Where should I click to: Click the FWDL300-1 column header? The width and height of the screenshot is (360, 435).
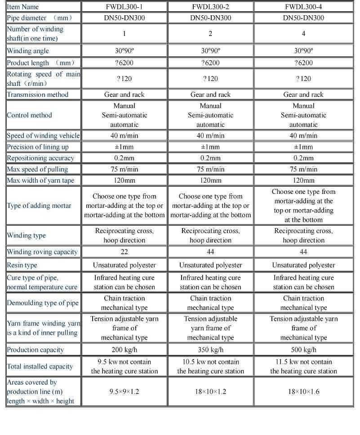point(124,7)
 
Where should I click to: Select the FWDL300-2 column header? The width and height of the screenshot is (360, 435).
point(210,7)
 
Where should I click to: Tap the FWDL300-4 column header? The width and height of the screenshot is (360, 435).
point(303,7)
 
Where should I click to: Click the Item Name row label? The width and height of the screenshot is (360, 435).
point(23,7)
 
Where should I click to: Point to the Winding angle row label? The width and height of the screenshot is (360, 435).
point(28,51)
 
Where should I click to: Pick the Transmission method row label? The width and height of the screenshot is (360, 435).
point(38,94)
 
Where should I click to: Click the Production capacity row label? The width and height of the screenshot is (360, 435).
point(36,350)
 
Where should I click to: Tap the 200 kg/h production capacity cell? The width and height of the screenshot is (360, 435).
point(124,350)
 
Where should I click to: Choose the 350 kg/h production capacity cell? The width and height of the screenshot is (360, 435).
point(210,350)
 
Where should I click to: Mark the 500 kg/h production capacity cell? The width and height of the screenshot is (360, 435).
point(303,350)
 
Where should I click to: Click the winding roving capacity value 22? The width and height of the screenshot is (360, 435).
point(124,252)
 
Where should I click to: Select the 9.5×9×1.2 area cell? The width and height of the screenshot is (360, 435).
point(124,391)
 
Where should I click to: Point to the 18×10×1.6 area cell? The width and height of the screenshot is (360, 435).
point(303,391)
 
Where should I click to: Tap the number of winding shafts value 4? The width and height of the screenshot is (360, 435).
point(303,34)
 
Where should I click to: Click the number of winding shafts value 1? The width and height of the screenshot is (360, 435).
point(124,34)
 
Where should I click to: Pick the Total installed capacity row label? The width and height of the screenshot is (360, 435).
point(40,366)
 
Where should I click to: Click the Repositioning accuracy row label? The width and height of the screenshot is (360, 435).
point(40,158)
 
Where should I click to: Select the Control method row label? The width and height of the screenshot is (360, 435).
point(29,115)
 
